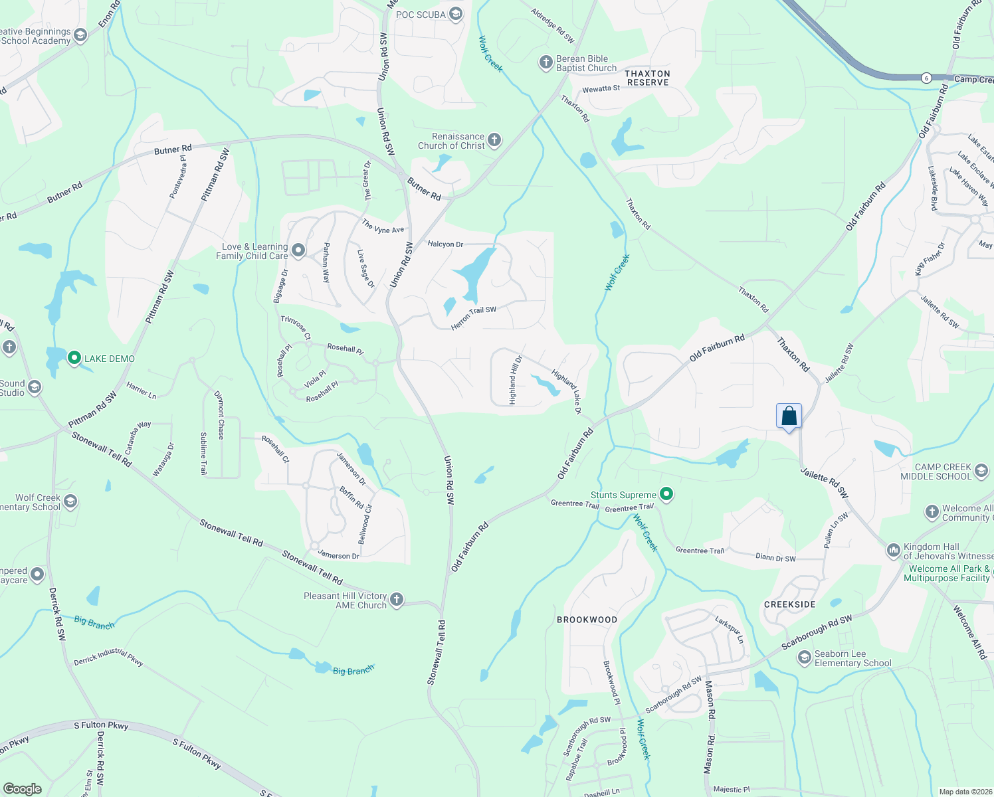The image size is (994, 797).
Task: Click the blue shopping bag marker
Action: pos(789,416)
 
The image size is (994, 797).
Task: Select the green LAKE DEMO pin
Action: pos(74,358)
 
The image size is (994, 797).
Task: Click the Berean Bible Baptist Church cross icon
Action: pos(546,63)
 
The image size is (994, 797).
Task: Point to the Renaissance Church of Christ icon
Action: pos(494,140)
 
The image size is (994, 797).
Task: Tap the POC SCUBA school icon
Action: pos(455,14)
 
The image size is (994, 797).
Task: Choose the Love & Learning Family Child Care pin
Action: pos(298,250)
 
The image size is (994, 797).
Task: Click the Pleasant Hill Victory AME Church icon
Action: pos(396,600)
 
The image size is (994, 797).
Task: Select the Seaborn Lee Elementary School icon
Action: pos(805,658)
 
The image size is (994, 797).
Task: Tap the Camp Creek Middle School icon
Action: pos(981,472)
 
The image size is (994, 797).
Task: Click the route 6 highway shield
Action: pos(926,78)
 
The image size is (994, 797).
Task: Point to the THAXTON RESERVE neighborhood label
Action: pos(648,78)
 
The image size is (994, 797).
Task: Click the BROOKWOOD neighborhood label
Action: pos(587,620)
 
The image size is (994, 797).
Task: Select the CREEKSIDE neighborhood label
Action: pos(789,604)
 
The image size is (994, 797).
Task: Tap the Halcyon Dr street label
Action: pos(445,244)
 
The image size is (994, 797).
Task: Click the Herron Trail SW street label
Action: pos(474,318)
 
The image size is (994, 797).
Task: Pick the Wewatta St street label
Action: pos(601,89)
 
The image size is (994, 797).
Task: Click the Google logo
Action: pos(22,789)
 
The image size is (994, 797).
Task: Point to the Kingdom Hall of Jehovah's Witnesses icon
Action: pos(893,551)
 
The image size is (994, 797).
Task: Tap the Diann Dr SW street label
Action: pos(775,558)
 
